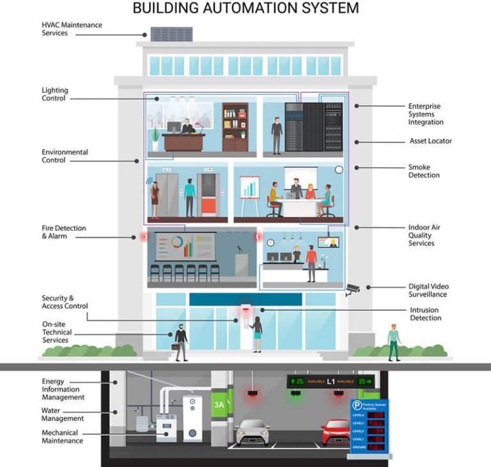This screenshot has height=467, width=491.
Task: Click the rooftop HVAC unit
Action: (171, 34)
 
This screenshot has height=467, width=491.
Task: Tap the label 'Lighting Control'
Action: (55, 95)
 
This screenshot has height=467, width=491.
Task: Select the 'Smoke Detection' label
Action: (424, 171)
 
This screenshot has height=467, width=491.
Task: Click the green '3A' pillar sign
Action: (219, 404)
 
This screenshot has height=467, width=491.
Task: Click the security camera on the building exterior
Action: (353, 289)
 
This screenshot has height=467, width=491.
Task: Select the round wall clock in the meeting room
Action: (339, 170)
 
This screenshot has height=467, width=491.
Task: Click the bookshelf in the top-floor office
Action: (235, 127)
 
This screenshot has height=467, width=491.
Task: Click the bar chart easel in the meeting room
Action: (249, 191)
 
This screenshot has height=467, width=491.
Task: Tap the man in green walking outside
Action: (393, 341)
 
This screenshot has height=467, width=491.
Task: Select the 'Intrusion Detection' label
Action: (425, 314)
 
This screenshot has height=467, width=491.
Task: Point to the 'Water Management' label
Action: (63, 415)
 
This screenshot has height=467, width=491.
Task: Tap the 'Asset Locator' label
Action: (430, 141)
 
